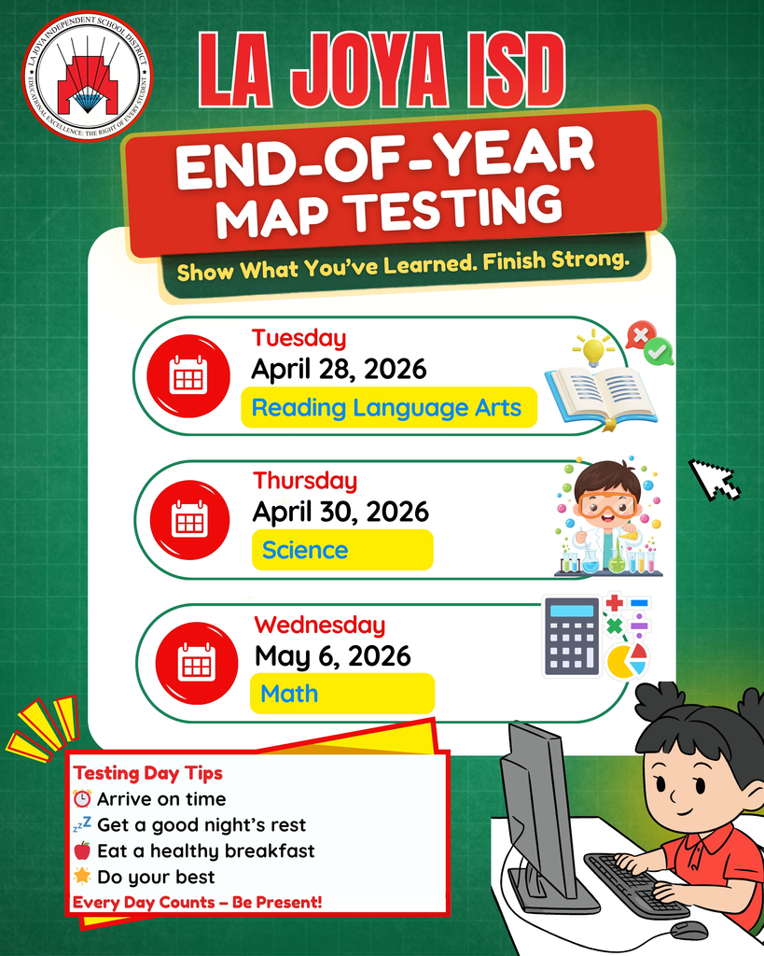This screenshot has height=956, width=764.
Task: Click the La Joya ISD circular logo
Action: pyautogui.click(x=87, y=76)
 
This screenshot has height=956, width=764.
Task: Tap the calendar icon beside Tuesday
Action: pyautogui.click(x=188, y=375)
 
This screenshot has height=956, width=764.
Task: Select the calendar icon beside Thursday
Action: pyautogui.click(x=190, y=519)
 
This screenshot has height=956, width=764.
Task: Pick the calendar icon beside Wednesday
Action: pyautogui.click(x=196, y=662)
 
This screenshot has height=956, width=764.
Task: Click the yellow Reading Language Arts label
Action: pyautogui.click(x=388, y=408)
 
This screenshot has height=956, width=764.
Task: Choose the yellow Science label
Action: pyautogui.click(x=341, y=550)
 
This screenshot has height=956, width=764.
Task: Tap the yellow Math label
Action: pyautogui.click(x=341, y=694)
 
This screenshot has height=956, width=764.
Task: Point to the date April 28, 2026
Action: pyautogui.click(x=339, y=369)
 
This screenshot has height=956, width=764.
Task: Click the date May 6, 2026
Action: pyautogui.click(x=332, y=655)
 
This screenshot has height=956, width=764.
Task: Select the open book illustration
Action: pyautogui.click(x=600, y=393)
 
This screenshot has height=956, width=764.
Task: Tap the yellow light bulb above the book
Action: pyautogui.click(x=594, y=348)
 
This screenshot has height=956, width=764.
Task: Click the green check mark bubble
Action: pyautogui.click(x=659, y=352)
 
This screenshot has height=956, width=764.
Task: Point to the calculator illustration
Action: pyautogui.click(x=572, y=636)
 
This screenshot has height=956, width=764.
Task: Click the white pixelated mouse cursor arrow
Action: pyautogui.click(x=714, y=479)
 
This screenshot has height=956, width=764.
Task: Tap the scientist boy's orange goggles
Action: pyautogui.click(x=607, y=505)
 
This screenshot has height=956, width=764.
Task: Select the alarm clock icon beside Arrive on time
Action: pyautogui.click(x=82, y=799)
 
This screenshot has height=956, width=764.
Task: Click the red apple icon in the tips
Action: pyautogui.click(x=82, y=851)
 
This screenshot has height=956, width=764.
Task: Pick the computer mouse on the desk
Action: pyautogui.click(x=688, y=929)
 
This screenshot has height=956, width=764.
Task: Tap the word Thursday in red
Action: pyautogui.click(x=305, y=481)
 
